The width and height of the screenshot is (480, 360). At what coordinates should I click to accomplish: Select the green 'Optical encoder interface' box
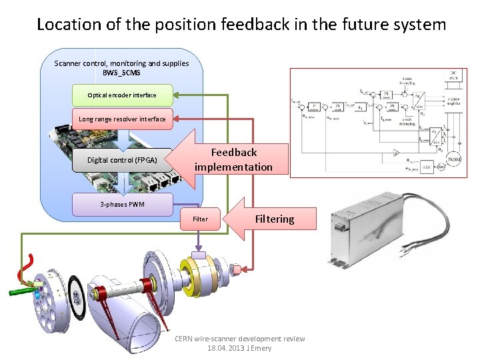click(121, 95)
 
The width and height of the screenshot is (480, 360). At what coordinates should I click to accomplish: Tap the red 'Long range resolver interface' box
click(122, 119)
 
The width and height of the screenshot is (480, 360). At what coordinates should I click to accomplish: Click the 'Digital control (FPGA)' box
click(122, 160)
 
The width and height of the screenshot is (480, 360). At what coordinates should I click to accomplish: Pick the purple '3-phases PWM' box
click(122, 205)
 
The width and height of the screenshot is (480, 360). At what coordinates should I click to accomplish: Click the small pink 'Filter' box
click(200, 219)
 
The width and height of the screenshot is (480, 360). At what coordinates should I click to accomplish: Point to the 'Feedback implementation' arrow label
click(233, 160)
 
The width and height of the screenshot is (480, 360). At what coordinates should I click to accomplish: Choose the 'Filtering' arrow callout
click(273, 219)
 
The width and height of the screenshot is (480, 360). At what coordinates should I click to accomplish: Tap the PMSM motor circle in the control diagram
click(453, 160)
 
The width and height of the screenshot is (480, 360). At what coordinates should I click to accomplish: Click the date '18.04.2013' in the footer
click(226, 348)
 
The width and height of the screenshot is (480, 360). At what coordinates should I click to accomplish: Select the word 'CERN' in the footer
click(184, 339)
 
